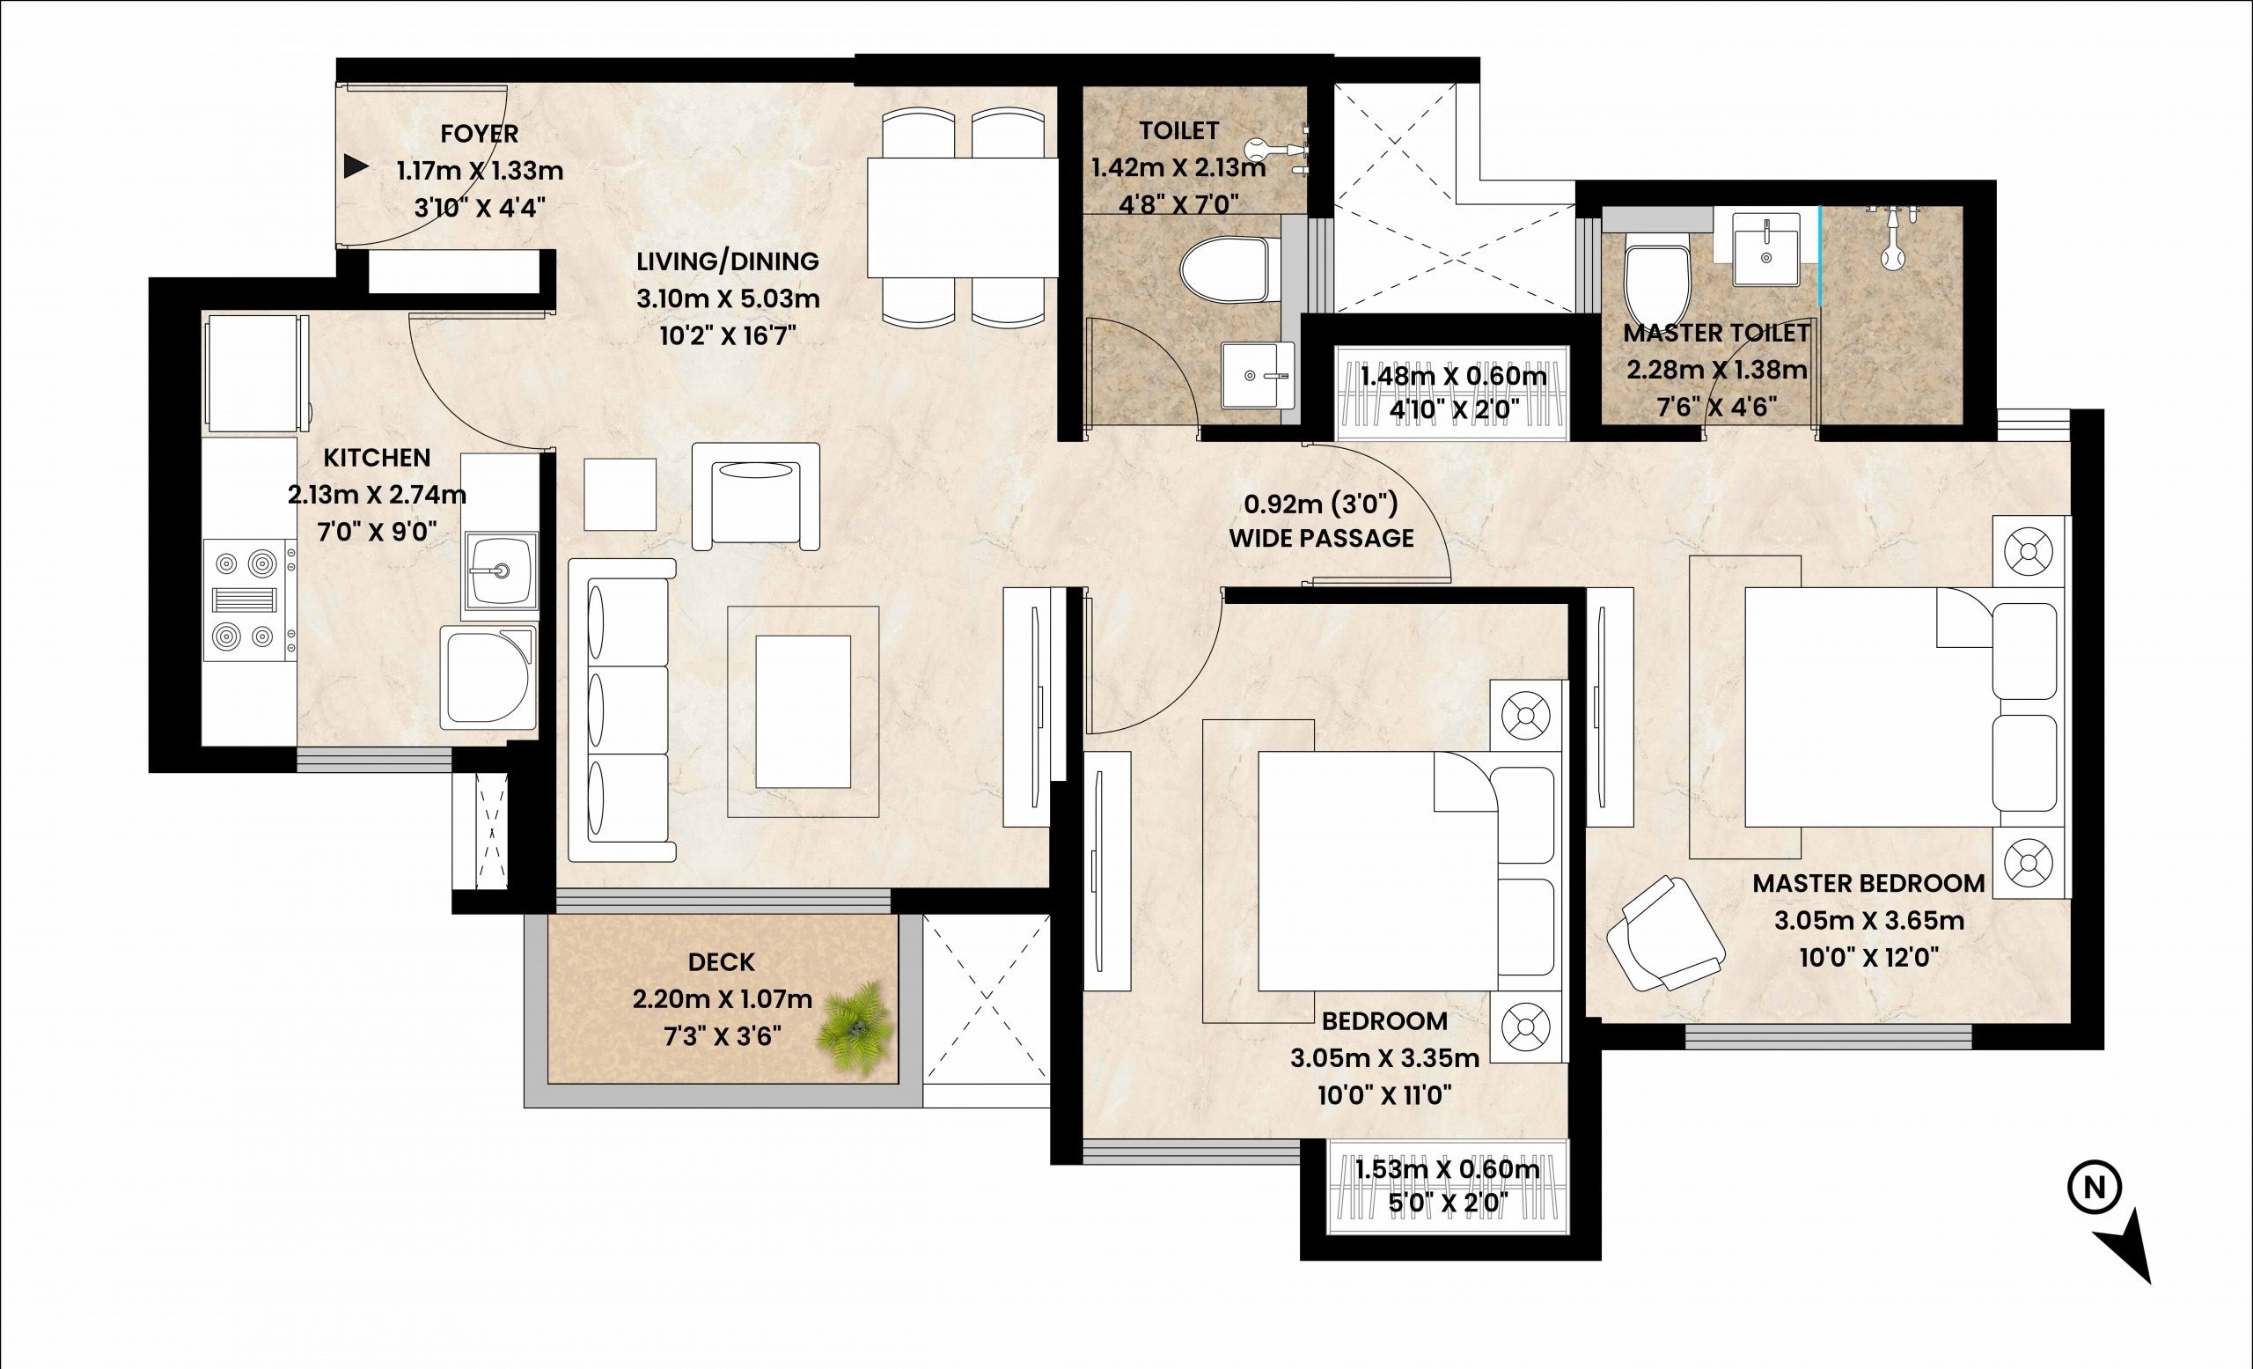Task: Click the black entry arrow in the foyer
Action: tap(355, 167)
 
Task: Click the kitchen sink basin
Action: tap(500, 570)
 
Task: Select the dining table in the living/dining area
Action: tap(962, 217)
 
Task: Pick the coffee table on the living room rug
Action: tap(803, 711)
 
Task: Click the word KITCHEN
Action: tap(377, 457)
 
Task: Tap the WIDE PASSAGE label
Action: tap(1320, 538)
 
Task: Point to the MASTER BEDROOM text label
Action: tap(1868, 883)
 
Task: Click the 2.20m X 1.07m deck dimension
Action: tap(722, 999)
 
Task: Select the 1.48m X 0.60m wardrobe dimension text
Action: tap(1453, 376)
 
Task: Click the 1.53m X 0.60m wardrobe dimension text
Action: tap(1447, 1169)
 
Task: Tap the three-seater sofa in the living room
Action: tap(621, 710)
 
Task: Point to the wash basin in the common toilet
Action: tap(1259, 375)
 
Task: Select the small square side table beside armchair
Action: tap(620, 494)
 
